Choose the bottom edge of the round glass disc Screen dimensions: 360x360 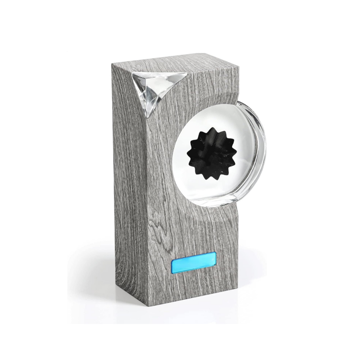click(220, 205)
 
